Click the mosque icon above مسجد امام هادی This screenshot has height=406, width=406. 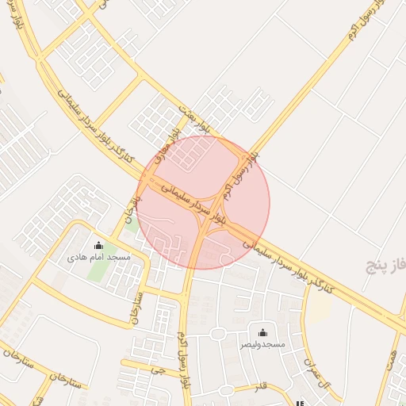(98, 245)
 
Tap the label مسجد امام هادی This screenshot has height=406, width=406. (98, 258)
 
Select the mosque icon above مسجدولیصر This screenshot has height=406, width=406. (262, 332)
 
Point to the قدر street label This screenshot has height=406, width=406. (259, 386)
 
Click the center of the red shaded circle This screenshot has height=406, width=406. (203, 202)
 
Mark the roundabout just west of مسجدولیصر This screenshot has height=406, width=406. (217, 334)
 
